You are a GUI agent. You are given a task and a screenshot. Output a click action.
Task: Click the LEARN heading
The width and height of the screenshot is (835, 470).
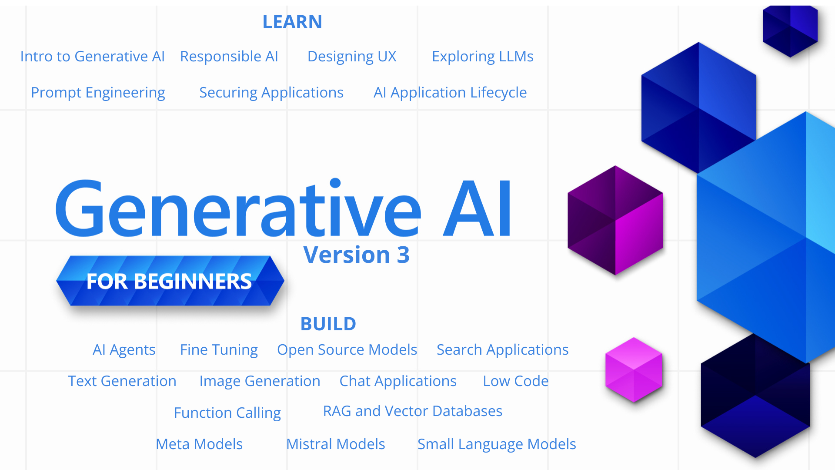(x=292, y=22)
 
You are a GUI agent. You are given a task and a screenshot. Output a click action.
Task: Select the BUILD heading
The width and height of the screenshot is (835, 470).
(x=328, y=324)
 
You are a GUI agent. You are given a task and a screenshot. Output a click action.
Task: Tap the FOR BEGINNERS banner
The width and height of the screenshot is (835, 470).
(x=170, y=281)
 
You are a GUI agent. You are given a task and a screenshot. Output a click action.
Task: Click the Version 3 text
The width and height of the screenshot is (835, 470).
(x=357, y=255)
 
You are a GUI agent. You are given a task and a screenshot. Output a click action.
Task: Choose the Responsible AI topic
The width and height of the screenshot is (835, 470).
(x=229, y=57)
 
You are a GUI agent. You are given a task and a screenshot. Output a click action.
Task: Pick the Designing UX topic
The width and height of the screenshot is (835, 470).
(x=352, y=57)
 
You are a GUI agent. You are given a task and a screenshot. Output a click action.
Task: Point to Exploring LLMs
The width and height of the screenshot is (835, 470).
(x=483, y=57)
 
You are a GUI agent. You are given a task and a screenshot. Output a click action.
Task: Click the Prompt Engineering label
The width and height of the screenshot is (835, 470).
(x=98, y=93)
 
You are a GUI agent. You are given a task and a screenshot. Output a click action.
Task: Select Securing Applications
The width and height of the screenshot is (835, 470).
(x=271, y=93)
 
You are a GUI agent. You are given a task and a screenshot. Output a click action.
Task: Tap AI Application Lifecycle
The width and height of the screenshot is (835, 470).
(x=450, y=93)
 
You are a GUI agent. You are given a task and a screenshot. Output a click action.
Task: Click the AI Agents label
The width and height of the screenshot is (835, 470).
(x=124, y=350)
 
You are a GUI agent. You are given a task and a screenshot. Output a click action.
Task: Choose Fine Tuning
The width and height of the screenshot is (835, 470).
(x=219, y=350)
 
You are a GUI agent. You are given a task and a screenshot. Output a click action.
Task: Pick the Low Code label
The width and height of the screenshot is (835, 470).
(x=516, y=381)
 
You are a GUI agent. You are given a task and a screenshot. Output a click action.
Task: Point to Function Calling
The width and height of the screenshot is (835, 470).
(x=227, y=413)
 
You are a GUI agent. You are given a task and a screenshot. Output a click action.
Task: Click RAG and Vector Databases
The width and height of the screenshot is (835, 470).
(x=413, y=411)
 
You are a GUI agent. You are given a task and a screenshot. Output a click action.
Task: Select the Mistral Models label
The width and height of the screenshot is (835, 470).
(x=336, y=444)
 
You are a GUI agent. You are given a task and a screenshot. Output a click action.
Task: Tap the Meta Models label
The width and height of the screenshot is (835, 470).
(x=199, y=444)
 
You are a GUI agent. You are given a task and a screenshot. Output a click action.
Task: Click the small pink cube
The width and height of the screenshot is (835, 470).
(x=634, y=370)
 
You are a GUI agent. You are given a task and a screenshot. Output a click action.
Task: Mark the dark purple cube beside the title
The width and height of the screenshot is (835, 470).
(x=615, y=220)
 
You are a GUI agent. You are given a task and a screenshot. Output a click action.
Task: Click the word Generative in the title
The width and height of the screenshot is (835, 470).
(x=238, y=208)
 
